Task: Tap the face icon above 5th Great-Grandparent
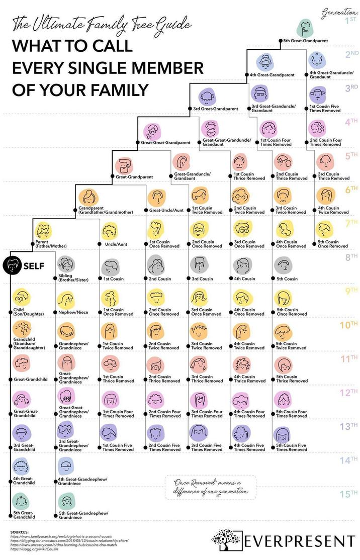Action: pyautogui.click(x=304, y=27)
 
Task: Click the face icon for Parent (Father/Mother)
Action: pyautogui.click(x=45, y=230)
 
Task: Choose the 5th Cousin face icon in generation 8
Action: pyautogui.click(x=284, y=264)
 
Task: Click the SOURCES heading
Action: pyautogui.click(x=20, y=531)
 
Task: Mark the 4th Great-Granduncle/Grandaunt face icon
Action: pyautogui.click(x=317, y=61)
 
